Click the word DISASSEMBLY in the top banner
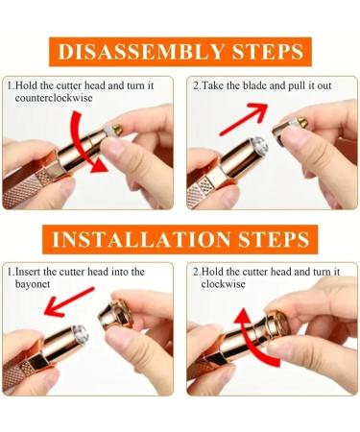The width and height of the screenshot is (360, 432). click(141, 52)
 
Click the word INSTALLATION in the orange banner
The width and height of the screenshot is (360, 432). click(141, 239)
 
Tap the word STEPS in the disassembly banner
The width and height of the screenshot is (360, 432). click(268, 52)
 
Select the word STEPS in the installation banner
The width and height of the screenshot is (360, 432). click(274, 239)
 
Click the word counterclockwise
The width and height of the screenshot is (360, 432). click(54, 98)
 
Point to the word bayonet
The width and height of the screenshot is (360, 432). click(33, 284)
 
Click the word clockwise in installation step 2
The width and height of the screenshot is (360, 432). click(223, 284)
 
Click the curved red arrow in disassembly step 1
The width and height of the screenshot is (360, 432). click(84, 144)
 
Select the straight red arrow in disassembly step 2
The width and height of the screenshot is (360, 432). click(243, 119)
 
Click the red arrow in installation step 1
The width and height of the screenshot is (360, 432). click(68, 301)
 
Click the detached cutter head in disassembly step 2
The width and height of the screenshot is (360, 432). click(289, 130)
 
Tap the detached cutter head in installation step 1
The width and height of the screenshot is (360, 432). click(115, 315)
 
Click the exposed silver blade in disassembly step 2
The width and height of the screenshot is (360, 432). click(258, 147)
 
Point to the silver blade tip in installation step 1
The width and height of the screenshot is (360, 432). click(80, 333)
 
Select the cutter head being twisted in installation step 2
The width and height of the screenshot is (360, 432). click(276, 325)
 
